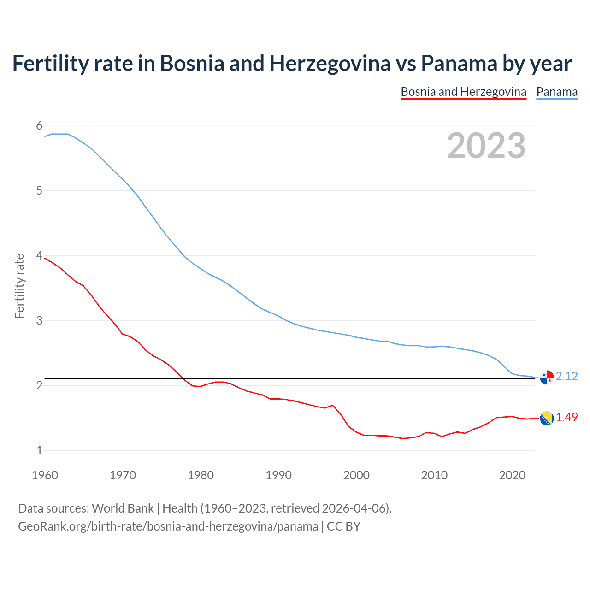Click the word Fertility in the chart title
(x=50, y=64)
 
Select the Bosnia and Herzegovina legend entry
(x=463, y=92)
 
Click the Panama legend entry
(x=557, y=92)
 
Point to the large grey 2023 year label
(x=486, y=146)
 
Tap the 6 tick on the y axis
(x=39, y=126)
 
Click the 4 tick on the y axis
(x=39, y=255)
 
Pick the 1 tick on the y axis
(x=39, y=450)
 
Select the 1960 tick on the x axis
(x=45, y=475)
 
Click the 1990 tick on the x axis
(x=278, y=475)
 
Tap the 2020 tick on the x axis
(x=512, y=475)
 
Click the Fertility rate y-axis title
(x=19, y=286)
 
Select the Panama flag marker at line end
(x=547, y=377)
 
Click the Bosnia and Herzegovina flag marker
(x=547, y=418)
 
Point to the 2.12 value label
(x=566, y=377)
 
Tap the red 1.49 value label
(x=566, y=417)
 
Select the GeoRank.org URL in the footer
(x=168, y=526)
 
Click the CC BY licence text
(x=343, y=526)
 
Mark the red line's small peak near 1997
(x=332, y=406)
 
